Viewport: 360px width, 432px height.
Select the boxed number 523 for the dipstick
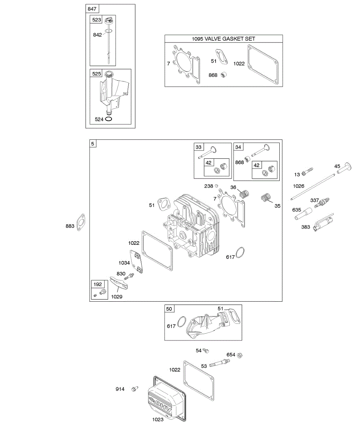[97, 20]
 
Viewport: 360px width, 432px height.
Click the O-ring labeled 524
[109, 119]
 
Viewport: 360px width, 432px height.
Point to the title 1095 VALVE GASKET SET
[224, 39]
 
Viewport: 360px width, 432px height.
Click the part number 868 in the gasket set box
[213, 75]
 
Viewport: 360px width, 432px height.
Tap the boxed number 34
[239, 147]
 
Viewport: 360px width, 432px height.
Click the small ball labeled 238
[216, 186]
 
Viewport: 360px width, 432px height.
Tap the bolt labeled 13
[308, 171]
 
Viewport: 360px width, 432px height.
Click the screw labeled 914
[135, 389]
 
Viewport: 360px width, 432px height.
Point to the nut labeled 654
[240, 355]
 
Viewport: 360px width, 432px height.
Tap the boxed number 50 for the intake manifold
[169, 309]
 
